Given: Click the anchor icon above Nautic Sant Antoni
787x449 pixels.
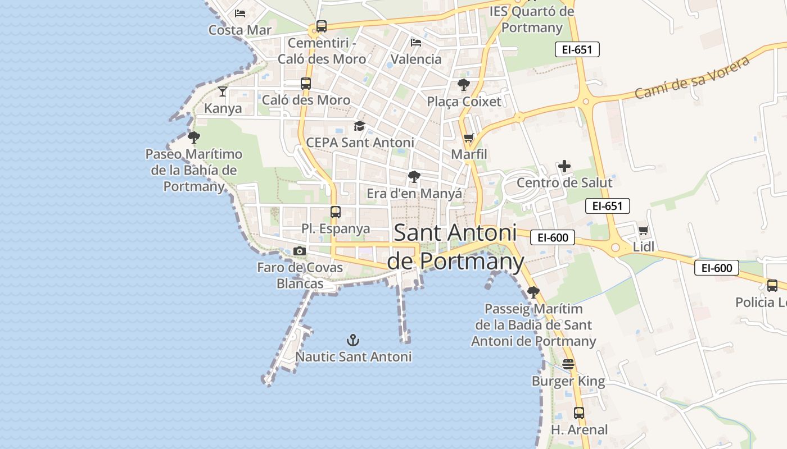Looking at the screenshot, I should [353, 340].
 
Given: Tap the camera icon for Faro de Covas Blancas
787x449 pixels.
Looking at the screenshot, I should [300, 251].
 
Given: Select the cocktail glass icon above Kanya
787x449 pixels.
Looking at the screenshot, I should [223, 91].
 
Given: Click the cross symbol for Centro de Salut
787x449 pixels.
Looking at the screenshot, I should [564, 166].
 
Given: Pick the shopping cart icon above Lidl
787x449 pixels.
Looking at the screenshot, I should [644, 230].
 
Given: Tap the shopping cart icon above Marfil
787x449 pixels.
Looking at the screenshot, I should [469, 138].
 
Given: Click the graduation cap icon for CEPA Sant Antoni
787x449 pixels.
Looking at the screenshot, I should [359, 126].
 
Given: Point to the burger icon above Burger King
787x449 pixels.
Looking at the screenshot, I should [568, 364].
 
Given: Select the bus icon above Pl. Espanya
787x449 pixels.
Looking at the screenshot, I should [336, 212].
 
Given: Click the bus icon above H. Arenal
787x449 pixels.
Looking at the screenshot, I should [579, 413].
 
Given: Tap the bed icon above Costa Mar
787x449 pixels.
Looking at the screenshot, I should [240, 13].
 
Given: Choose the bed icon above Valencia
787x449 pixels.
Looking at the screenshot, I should [416, 42].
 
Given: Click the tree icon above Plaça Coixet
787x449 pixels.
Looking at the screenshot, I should [464, 85].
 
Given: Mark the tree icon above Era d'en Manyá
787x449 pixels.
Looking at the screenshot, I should [414, 177].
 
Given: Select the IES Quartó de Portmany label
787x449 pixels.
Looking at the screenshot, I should [532, 19].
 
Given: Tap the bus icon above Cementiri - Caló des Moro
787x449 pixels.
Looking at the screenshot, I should [322, 26].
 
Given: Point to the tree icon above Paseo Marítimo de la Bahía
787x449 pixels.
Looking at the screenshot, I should [194, 138].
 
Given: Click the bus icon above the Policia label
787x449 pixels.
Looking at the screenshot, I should [772, 286].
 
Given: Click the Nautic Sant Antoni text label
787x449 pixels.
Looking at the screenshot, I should [354, 357].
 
